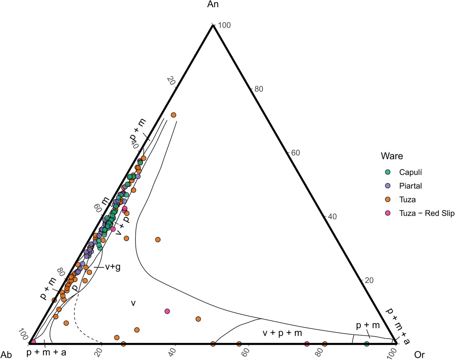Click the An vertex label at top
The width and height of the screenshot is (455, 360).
(213, 4)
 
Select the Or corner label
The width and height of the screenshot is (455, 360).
(419, 355)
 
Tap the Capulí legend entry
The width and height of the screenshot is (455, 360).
(410, 172)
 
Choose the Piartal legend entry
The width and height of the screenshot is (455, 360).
(410, 186)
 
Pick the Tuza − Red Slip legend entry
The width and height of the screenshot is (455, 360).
(426, 213)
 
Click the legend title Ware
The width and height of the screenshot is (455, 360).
(392, 156)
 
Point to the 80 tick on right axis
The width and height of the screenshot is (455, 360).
(258, 89)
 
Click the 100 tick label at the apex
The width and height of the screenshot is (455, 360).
(224, 25)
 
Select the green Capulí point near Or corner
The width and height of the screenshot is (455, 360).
(366, 344)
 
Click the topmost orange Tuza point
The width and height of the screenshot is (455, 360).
(174, 115)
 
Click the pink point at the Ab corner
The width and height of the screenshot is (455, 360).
(33, 342)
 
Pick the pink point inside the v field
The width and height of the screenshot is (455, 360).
(167, 311)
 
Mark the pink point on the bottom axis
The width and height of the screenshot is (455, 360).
(307, 344)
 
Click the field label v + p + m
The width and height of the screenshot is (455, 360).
(282, 333)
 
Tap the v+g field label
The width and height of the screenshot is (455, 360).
(113, 267)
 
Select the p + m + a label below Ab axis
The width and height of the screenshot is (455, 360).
(46, 352)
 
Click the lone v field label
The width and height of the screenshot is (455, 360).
(133, 303)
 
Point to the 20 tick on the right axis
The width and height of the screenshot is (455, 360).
(369, 280)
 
